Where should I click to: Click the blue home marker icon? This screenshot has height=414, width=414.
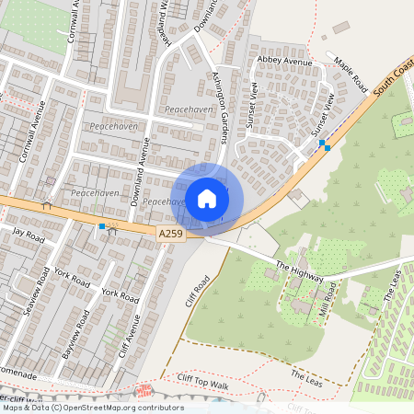pyautogui.click(x=207, y=198)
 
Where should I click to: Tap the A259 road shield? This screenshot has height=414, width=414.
pyautogui.click(x=170, y=235)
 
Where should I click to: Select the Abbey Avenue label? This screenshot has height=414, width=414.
pyautogui.click(x=285, y=62)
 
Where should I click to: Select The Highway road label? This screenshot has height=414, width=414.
pyautogui.click(x=300, y=271)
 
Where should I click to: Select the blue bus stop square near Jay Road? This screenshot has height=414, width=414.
pyautogui.click(x=101, y=225)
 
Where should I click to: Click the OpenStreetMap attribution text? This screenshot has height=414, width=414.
pyautogui.click(x=92, y=408)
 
